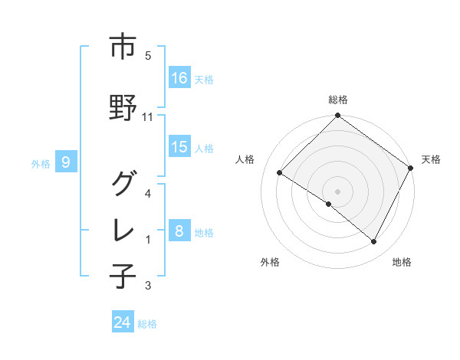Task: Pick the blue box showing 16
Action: pos(179,78)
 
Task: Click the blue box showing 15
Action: pos(179,147)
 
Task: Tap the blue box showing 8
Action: pos(179,231)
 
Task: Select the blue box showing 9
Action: pos(66,162)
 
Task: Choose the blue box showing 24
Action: pos(123,322)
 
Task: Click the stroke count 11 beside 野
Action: pos(148,116)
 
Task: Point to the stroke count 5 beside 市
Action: pos(148,56)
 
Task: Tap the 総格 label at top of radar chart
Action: pos(337,100)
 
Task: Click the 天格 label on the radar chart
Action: pos(431,159)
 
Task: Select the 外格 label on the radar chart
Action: pos(270,262)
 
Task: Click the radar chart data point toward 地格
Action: pos(374,242)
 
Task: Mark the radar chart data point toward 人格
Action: pos(280,172)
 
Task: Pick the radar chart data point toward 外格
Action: pos(328,205)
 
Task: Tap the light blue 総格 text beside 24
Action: pos(147,324)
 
